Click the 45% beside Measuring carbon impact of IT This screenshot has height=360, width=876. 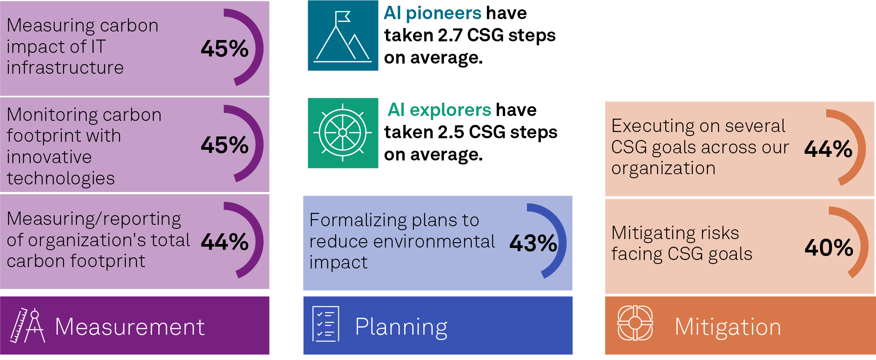[x=225, y=48]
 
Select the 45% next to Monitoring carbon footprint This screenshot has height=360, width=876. [x=225, y=145]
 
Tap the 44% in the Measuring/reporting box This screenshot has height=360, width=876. [x=225, y=242]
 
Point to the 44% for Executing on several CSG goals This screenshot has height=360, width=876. [x=828, y=149]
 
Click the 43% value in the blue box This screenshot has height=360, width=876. [x=533, y=243]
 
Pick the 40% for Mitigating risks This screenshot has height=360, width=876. [x=829, y=248]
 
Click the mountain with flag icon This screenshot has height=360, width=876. [x=343, y=36]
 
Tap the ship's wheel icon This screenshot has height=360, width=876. [x=343, y=133]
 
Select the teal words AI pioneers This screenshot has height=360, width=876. [x=433, y=13]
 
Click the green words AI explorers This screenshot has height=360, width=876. [x=439, y=110]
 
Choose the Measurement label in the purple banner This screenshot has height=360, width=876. [x=129, y=327]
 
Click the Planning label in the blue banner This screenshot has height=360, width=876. [x=401, y=327]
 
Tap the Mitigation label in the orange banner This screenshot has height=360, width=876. [x=728, y=327]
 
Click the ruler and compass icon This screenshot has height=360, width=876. [x=28, y=326]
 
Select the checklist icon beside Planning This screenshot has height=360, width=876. [x=325, y=324]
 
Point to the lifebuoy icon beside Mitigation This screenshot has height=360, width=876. [x=635, y=323]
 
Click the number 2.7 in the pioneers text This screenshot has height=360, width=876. [x=450, y=36]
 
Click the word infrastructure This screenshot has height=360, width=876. [x=65, y=68]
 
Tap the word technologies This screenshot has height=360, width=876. [x=61, y=178]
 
